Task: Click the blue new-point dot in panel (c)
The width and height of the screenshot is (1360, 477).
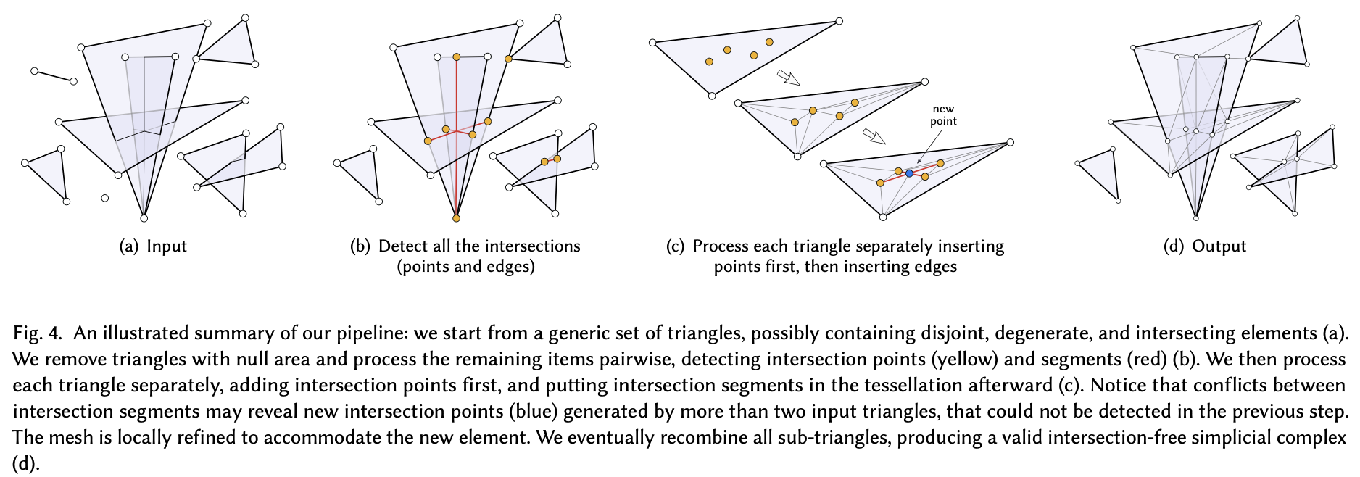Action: pyautogui.click(x=909, y=173)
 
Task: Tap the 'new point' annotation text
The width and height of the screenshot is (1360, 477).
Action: pyautogui.click(x=943, y=115)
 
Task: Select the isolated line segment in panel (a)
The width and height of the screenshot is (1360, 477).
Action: pyautogui.click(x=54, y=76)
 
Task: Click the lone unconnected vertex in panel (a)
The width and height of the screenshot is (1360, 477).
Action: pyautogui.click(x=105, y=198)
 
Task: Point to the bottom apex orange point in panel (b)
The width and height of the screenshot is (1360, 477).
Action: pyautogui.click(x=456, y=218)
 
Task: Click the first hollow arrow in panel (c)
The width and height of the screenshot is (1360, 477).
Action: pyautogui.click(x=787, y=77)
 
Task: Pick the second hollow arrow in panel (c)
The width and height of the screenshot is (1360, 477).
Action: pyautogui.click(x=874, y=137)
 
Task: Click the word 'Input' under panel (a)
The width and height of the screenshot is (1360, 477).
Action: pyautogui.click(x=167, y=246)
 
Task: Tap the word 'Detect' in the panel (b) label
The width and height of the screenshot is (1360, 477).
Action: pyautogui.click(x=402, y=246)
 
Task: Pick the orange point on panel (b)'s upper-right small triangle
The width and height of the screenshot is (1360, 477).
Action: pyautogui.click(x=509, y=59)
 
